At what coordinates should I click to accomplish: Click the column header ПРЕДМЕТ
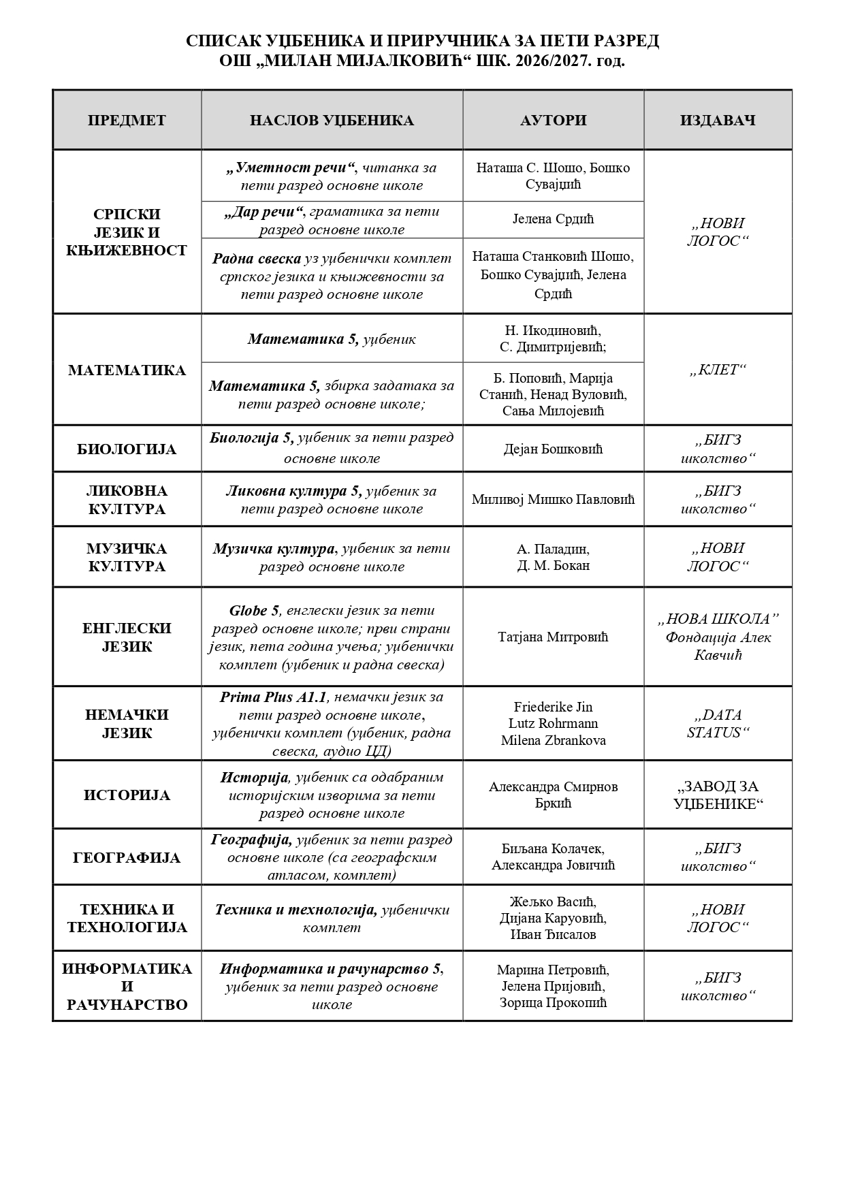coord(127,121)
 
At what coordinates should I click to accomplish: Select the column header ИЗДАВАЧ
coord(718,121)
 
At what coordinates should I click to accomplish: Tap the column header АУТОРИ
coord(553,121)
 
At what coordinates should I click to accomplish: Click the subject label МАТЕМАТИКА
coord(127,370)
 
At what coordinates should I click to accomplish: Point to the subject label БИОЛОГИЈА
coord(127,449)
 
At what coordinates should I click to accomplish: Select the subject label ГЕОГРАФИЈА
coord(127,857)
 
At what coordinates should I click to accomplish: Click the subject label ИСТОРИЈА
coord(127,795)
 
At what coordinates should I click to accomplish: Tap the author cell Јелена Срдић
coord(553,219)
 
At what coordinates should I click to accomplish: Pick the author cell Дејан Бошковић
coord(553,449)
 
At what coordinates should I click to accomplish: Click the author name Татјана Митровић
coord(553,637)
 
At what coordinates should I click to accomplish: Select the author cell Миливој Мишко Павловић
coord(553,499)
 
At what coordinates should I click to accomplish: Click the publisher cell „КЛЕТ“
coord(718,370)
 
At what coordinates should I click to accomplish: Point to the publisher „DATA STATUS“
coord(718,724)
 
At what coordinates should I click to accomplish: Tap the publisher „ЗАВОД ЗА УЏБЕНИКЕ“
coord(718,795)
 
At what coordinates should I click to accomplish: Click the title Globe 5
coord(255,610)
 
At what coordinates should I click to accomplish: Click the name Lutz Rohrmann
coord(553,723)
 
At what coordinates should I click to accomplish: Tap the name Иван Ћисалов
coord(553,934)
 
